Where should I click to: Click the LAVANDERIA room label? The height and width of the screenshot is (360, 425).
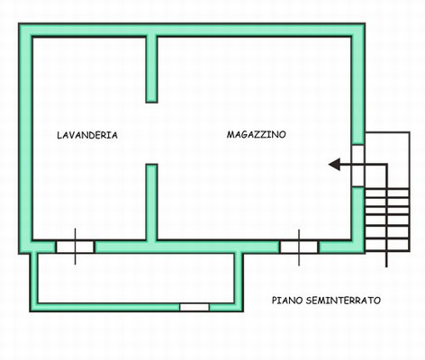(87, 135)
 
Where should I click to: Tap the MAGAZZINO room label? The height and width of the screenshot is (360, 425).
(256, 134)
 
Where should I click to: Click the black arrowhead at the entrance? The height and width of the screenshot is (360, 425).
(334, 164)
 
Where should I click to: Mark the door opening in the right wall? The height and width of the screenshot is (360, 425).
(358, 166)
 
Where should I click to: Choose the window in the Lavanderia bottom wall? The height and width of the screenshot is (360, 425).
(75, 247)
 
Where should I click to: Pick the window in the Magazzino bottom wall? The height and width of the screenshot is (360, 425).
(299, 247)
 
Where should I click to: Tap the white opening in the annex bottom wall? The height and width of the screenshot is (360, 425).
(194, 307)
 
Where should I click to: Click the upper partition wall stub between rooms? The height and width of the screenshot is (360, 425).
(151, 69)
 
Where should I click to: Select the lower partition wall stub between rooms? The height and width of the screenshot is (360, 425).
(151, 202)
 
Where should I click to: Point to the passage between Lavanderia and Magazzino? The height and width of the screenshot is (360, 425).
(151, 133)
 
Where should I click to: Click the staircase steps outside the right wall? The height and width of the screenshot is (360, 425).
(387, 220)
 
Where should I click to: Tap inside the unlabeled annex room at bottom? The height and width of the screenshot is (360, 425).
(136, 278)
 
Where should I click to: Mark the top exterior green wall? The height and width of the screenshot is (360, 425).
(192, 30)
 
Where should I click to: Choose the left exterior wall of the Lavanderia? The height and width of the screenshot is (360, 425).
(25, 139)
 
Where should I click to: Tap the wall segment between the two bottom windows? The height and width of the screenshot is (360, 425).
(187, 247)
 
